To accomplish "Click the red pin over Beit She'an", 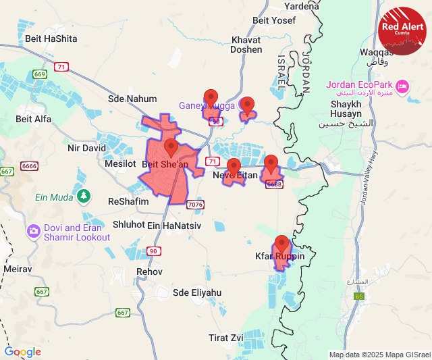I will (x=171, y=148).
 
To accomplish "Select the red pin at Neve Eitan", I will (x=234, y=168).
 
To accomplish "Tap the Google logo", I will (x=22, y=352).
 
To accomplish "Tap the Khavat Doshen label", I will (x=246, y=45).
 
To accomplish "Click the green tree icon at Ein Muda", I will (x=83, y=197).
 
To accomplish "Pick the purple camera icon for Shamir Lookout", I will (x=33, y=232).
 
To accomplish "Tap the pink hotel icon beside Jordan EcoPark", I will (x=402, y=85).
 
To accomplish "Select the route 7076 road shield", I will (x=196, y=204).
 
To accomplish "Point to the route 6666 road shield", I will (x=30, y=165).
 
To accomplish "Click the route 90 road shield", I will (x=153, y=251).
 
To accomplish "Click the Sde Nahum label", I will (x=132, y=99).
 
